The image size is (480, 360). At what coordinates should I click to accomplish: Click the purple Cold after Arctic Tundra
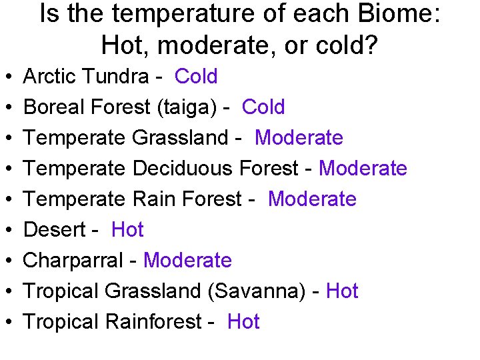click(196, 77)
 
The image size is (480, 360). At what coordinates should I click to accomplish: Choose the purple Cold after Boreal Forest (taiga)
click(263, 107)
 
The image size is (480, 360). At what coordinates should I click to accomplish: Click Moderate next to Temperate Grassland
click(299, 138)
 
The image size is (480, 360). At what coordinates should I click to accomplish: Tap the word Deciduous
click(183, 169)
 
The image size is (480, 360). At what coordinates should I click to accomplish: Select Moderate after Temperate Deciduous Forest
click(363, 169)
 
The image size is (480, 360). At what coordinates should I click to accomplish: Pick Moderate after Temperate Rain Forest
click(312, 199)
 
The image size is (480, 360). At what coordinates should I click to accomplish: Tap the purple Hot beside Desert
click(127, 230)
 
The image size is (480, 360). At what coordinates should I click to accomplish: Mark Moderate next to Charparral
click(187, 261)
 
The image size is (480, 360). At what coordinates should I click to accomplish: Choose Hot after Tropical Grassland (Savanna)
click(342, 291)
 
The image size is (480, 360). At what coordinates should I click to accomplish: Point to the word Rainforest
click(153, 322)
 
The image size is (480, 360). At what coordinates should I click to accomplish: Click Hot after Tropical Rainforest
click(243, 322)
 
